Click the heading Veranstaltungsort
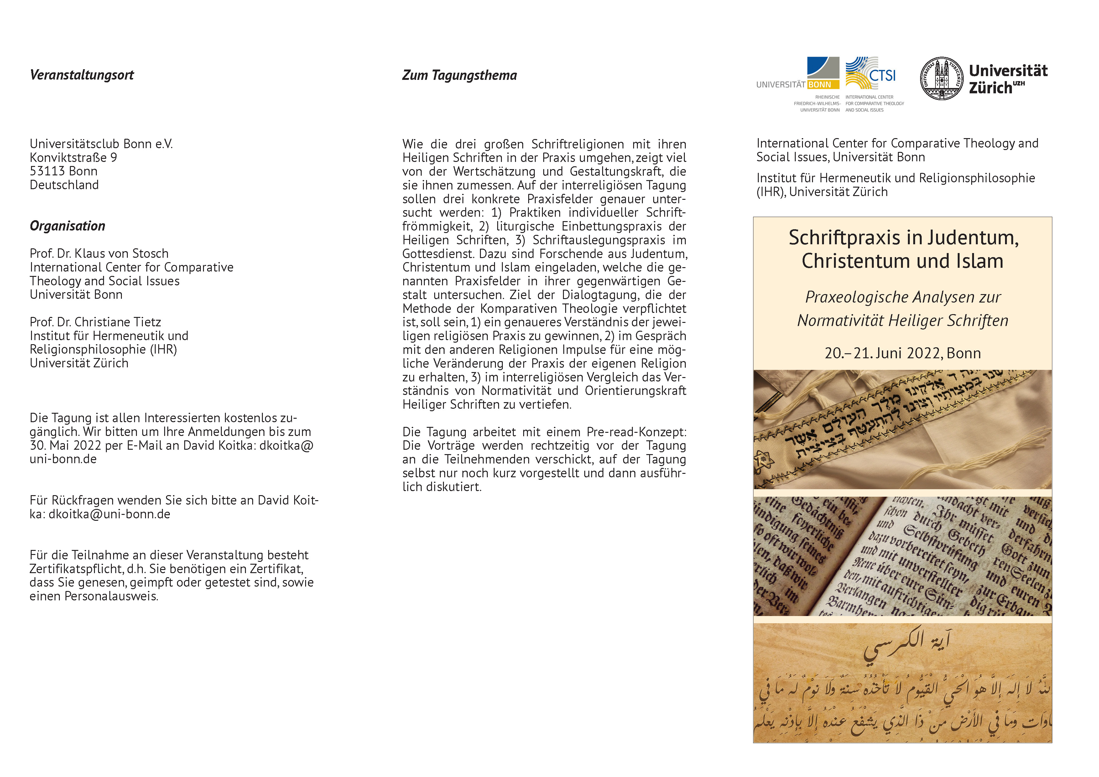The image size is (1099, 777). coord(82,75)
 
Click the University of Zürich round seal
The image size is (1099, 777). coord(941,79)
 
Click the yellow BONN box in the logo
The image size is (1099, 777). coord(823,85)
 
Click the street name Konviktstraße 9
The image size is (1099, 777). coord(73,158)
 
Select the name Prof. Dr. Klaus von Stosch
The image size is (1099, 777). coord(99,254)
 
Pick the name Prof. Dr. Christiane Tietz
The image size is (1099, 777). coord(95,322)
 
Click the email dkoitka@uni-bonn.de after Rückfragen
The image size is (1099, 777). coord(109,514)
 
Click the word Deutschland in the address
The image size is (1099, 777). coord(64,185)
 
